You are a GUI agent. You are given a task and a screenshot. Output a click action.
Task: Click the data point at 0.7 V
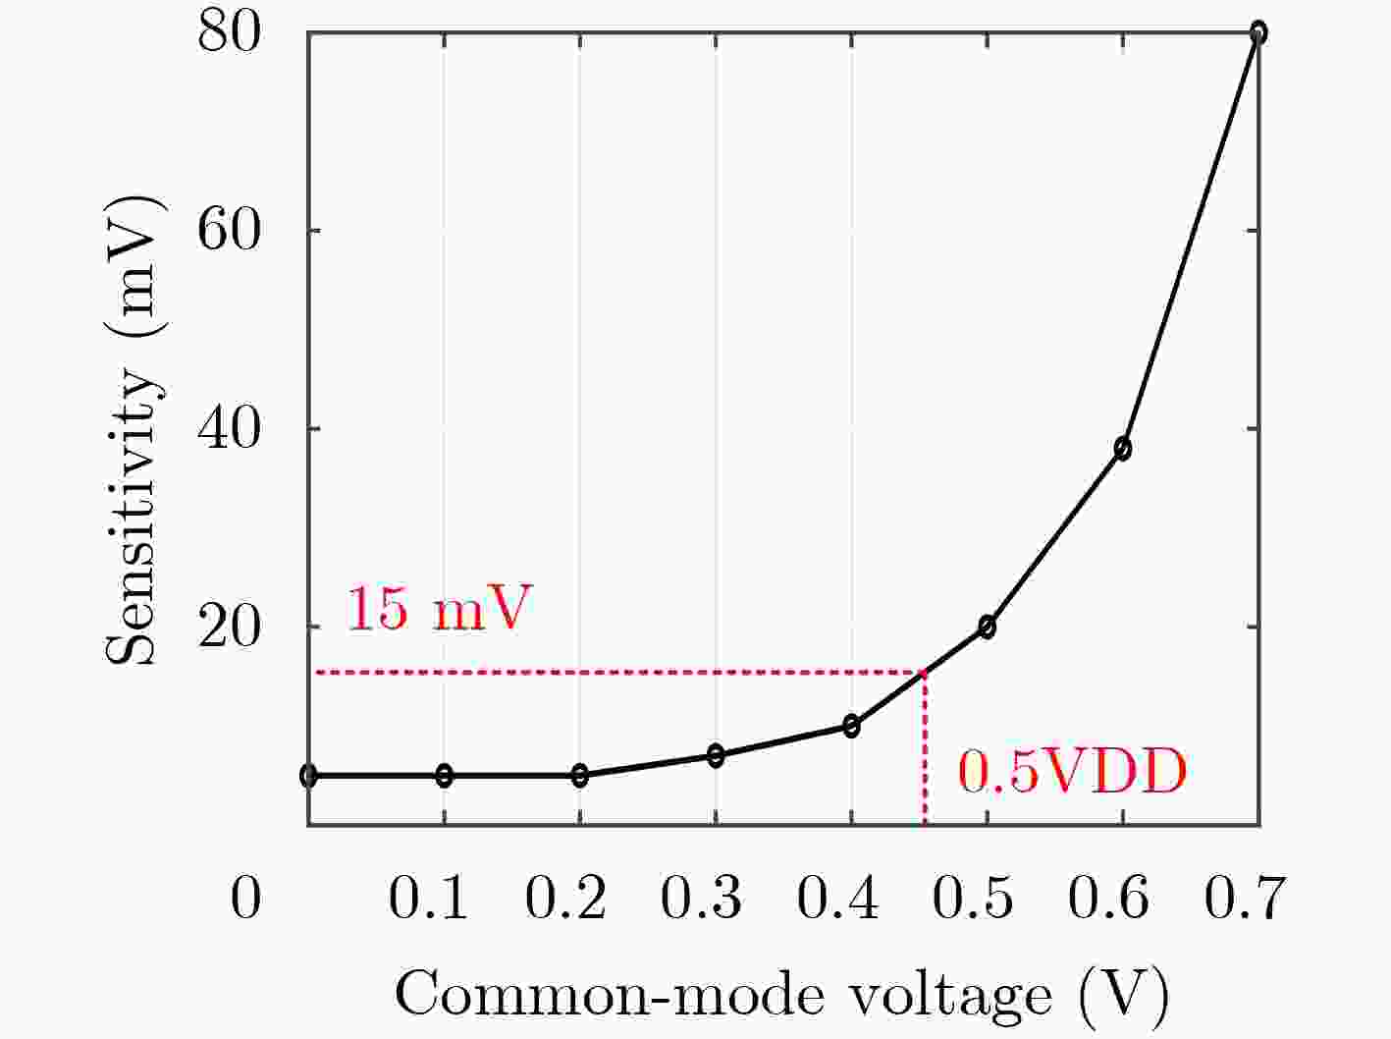(1257, 33)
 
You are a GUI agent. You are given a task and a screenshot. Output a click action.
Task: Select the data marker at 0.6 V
(1122, 449)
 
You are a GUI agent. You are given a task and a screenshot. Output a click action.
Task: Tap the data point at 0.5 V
(987, 627)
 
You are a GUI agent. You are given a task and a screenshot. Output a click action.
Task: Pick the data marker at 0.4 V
(851, 726)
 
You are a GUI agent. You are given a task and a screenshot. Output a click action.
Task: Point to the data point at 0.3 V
(716, 755)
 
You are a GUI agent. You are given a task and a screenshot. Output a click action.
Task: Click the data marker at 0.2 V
(579, 775)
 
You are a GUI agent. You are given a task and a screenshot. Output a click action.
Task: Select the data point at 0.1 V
(444, 775)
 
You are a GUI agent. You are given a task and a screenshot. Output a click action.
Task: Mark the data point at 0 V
(308, 775)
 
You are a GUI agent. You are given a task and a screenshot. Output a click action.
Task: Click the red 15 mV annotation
(439, 609)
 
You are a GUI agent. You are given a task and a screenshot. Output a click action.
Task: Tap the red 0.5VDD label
(1072, 772)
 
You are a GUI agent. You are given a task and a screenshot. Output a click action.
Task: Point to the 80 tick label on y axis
(230, 33)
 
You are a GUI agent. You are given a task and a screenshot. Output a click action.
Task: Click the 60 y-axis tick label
(230, 231)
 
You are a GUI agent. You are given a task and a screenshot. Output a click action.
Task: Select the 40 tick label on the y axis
(230, 429)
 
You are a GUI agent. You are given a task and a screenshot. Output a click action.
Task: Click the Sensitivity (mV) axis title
(134, 430)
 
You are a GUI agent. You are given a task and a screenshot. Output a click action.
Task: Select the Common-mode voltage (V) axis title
(782, 996)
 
